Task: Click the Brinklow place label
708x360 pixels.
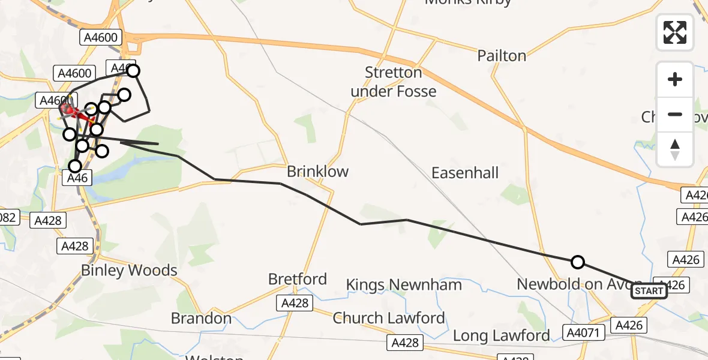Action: [317, 172]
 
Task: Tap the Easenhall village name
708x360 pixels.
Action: [465, 173]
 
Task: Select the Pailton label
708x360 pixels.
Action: [502, 56]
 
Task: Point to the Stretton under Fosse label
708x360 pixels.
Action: [394, 82]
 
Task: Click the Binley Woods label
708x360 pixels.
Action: [129, 271]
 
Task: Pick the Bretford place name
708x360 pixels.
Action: [298, 279]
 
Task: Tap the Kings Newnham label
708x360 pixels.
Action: [404, 284]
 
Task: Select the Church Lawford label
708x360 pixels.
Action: [389, 317]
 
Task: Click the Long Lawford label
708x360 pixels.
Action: [501, 335]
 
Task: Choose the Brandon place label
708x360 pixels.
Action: [202, 318]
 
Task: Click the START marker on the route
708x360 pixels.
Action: [649, 292]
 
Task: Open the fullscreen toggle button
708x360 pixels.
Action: [675, 32]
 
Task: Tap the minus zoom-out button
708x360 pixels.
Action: [675, 114]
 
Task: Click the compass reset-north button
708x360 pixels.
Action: [675, 149]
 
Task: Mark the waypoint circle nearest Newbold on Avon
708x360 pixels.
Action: [577, 262]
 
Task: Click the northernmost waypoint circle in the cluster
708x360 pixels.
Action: [133, 71]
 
